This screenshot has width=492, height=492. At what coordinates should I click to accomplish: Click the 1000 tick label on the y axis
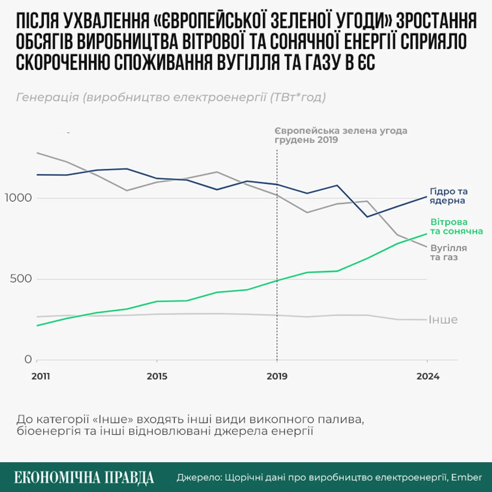click(18, 198)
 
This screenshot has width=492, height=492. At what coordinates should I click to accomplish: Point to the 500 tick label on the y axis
click(20, 279)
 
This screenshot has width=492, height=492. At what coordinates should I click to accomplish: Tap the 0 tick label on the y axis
click(28, 360)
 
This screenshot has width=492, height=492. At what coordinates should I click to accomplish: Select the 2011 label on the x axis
click(41, 376)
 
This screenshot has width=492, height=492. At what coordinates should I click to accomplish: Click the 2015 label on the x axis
click(157, 376)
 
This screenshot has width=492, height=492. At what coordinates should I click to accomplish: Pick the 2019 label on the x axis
click(277, 376)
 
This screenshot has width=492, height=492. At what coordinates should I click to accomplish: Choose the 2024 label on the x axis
click(428, 376)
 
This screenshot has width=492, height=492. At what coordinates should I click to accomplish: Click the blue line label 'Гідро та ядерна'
click(448, 196)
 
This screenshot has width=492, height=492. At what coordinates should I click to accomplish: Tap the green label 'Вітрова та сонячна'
click(456, 227)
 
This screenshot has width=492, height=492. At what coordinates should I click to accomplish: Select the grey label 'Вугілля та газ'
click(448, 253)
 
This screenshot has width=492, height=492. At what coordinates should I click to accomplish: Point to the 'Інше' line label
click(443, 320)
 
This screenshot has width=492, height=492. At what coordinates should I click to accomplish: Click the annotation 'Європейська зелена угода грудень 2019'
click(340, 135)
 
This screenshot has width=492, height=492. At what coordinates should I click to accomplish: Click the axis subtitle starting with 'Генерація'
click(171, 98)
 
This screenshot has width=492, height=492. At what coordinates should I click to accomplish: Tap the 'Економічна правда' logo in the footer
click(84, 478)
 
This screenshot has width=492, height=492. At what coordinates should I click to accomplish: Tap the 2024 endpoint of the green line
click(427, 234)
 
